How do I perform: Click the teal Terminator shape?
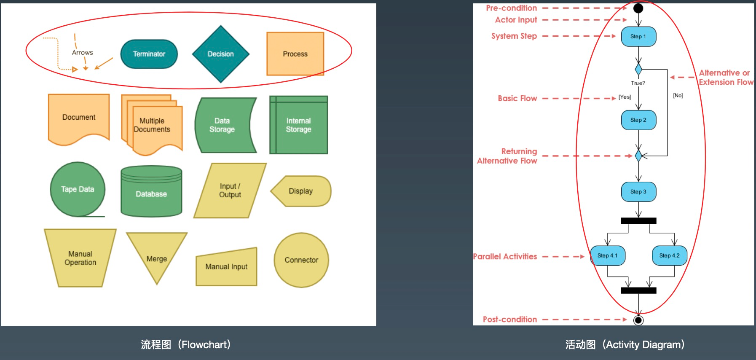coord(149,54)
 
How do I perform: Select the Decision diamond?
coord(220,54)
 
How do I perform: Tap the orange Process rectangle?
coord(295,54)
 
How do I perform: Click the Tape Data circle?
coord(78,189)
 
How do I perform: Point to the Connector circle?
coord(301,260)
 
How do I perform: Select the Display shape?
coord(301,191)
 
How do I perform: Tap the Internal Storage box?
coord(298,125)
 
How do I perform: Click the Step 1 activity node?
coord(638,37)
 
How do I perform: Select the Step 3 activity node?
coord(638,192)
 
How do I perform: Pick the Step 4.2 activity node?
coord(669,256)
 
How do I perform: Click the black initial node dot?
coord(638,8)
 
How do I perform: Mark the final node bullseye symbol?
coord(638,320)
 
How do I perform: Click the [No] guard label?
coord(678,96)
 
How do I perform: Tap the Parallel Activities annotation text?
coord(505,256)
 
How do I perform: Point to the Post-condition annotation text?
coord(509,320)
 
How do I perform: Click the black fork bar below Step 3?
coord(638,220)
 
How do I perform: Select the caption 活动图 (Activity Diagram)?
coord(625,345)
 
